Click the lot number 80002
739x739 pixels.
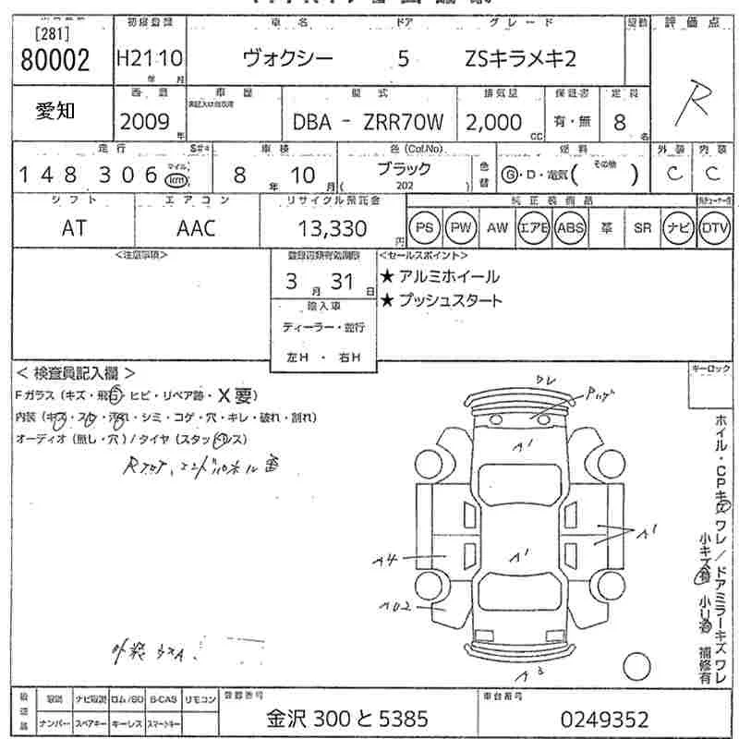pos(55,61)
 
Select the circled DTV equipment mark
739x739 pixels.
pos(714,227)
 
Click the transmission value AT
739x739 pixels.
pos(74,228)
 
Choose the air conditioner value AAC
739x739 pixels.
pos(195,228)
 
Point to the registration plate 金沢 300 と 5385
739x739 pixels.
pos(348,720)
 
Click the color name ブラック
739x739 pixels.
pos(404,169)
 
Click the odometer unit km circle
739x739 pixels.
pos(175,178)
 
